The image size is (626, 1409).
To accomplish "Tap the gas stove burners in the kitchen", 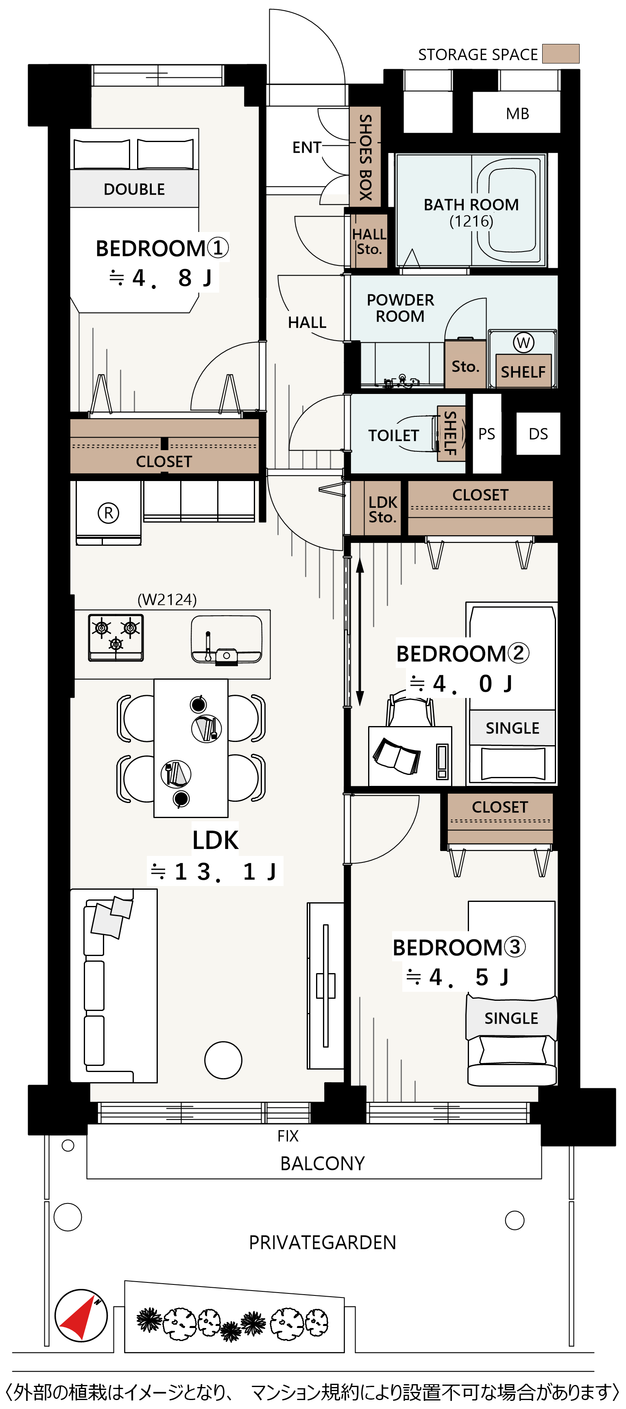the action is [x=116, y=638].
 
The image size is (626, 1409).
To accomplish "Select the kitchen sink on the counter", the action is [x=226, y=640].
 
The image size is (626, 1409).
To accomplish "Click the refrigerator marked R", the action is [x=108, y=513].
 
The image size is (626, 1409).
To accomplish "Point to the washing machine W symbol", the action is [x=523, y=343].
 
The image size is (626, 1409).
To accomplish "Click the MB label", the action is [x=517, y=114].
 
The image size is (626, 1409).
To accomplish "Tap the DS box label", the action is [x=538, y=434].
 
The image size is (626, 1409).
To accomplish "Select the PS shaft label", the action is [x=486, y=434].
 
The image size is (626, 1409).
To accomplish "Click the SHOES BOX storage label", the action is [x=365, y=157].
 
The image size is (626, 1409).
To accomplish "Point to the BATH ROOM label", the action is [x=471, y=205].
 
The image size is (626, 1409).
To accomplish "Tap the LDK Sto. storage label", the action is [x=382, y=509].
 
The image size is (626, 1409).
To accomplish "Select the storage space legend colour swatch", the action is [x=561, y=54].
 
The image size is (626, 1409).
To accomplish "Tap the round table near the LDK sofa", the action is [x=223, y=1060].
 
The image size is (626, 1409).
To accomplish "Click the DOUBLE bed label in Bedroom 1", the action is [x=134, y=189].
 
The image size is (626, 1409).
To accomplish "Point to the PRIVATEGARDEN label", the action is [x=322, y=1242].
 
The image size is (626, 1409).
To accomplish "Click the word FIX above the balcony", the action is [x=288, y=1136].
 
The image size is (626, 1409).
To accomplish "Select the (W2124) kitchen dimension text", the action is [x=167, y=599].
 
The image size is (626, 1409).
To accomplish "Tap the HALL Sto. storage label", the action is [x=369, y=241].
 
